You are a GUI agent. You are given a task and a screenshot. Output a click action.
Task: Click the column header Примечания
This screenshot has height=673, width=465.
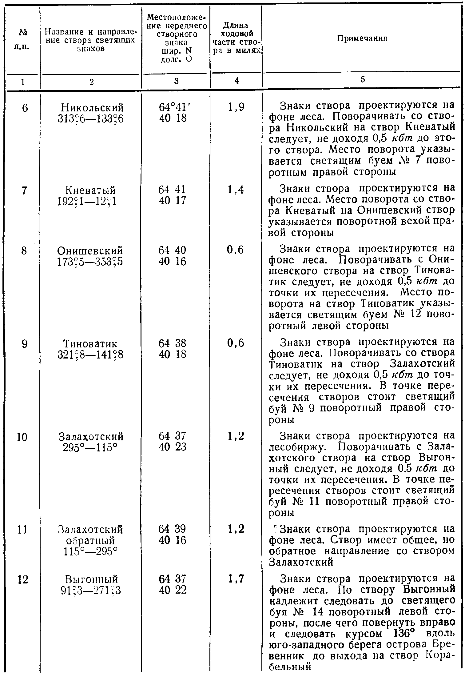coord(362,38)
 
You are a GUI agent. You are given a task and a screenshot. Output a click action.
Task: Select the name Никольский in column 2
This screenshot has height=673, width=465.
coord(92,108)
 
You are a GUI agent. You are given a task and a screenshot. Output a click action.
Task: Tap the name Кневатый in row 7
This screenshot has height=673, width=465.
coord(90,190)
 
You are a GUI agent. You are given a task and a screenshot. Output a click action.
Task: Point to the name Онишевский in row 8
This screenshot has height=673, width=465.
coord(90,250)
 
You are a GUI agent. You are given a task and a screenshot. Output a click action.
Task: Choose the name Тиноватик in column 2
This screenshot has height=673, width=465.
coord(90,343)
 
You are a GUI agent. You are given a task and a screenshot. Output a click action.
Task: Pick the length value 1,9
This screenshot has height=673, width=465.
coord(236,107)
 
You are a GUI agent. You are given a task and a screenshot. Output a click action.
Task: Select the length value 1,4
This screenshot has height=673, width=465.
coord(236,190)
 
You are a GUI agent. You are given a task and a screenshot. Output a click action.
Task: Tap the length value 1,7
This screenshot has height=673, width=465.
coord(236,579)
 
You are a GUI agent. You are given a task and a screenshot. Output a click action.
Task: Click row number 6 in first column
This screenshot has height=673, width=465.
coord(25,108)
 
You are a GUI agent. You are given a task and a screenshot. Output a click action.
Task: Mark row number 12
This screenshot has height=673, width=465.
coord(22,579)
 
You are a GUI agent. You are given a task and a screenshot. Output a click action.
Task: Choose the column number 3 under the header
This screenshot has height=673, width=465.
coord(176,81)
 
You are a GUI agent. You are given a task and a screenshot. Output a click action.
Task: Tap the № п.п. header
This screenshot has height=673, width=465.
coord(22,39)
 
